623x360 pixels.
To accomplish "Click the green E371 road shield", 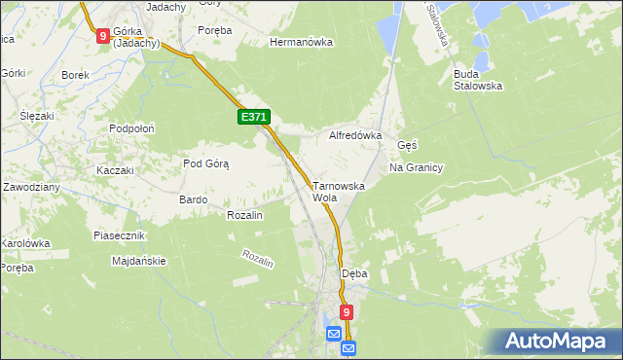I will (253, 117).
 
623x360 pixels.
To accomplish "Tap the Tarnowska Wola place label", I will (338, 191).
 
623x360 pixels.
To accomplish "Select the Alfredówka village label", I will (355, 136).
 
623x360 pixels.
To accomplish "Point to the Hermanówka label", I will (301, 43).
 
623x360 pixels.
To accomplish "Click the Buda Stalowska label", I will (477, 79).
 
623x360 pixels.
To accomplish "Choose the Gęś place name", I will (407, 145).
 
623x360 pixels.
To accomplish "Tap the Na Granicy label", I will (416, 167).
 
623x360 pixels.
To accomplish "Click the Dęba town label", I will (354, 273).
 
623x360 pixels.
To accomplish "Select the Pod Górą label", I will (205, 163).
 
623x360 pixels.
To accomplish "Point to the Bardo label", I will (193, 199).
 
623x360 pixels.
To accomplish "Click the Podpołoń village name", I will (132, 128).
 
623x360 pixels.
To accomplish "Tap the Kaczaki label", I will (114, 170).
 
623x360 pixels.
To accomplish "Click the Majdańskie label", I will (139, 261).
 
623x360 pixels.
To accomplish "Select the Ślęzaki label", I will (36, 116).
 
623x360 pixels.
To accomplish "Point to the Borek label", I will (75, 75).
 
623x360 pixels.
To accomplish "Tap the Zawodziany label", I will (32, 186).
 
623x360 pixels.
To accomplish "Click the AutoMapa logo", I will (557, 341).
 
